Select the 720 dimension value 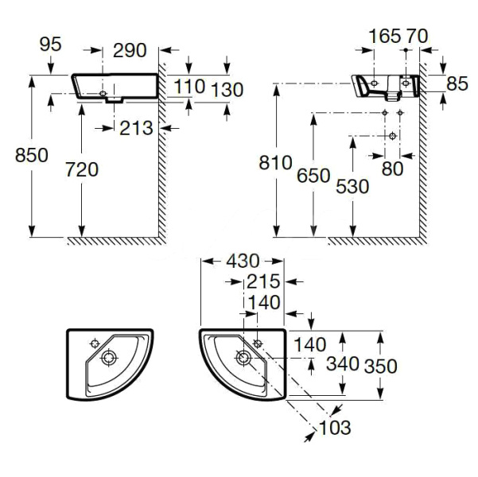(80, 169)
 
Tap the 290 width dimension (130, 50)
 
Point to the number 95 (50, 45)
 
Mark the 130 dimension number (227, 89)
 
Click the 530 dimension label (352, 186)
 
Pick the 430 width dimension (242, 260)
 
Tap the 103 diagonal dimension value (335, 429)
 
